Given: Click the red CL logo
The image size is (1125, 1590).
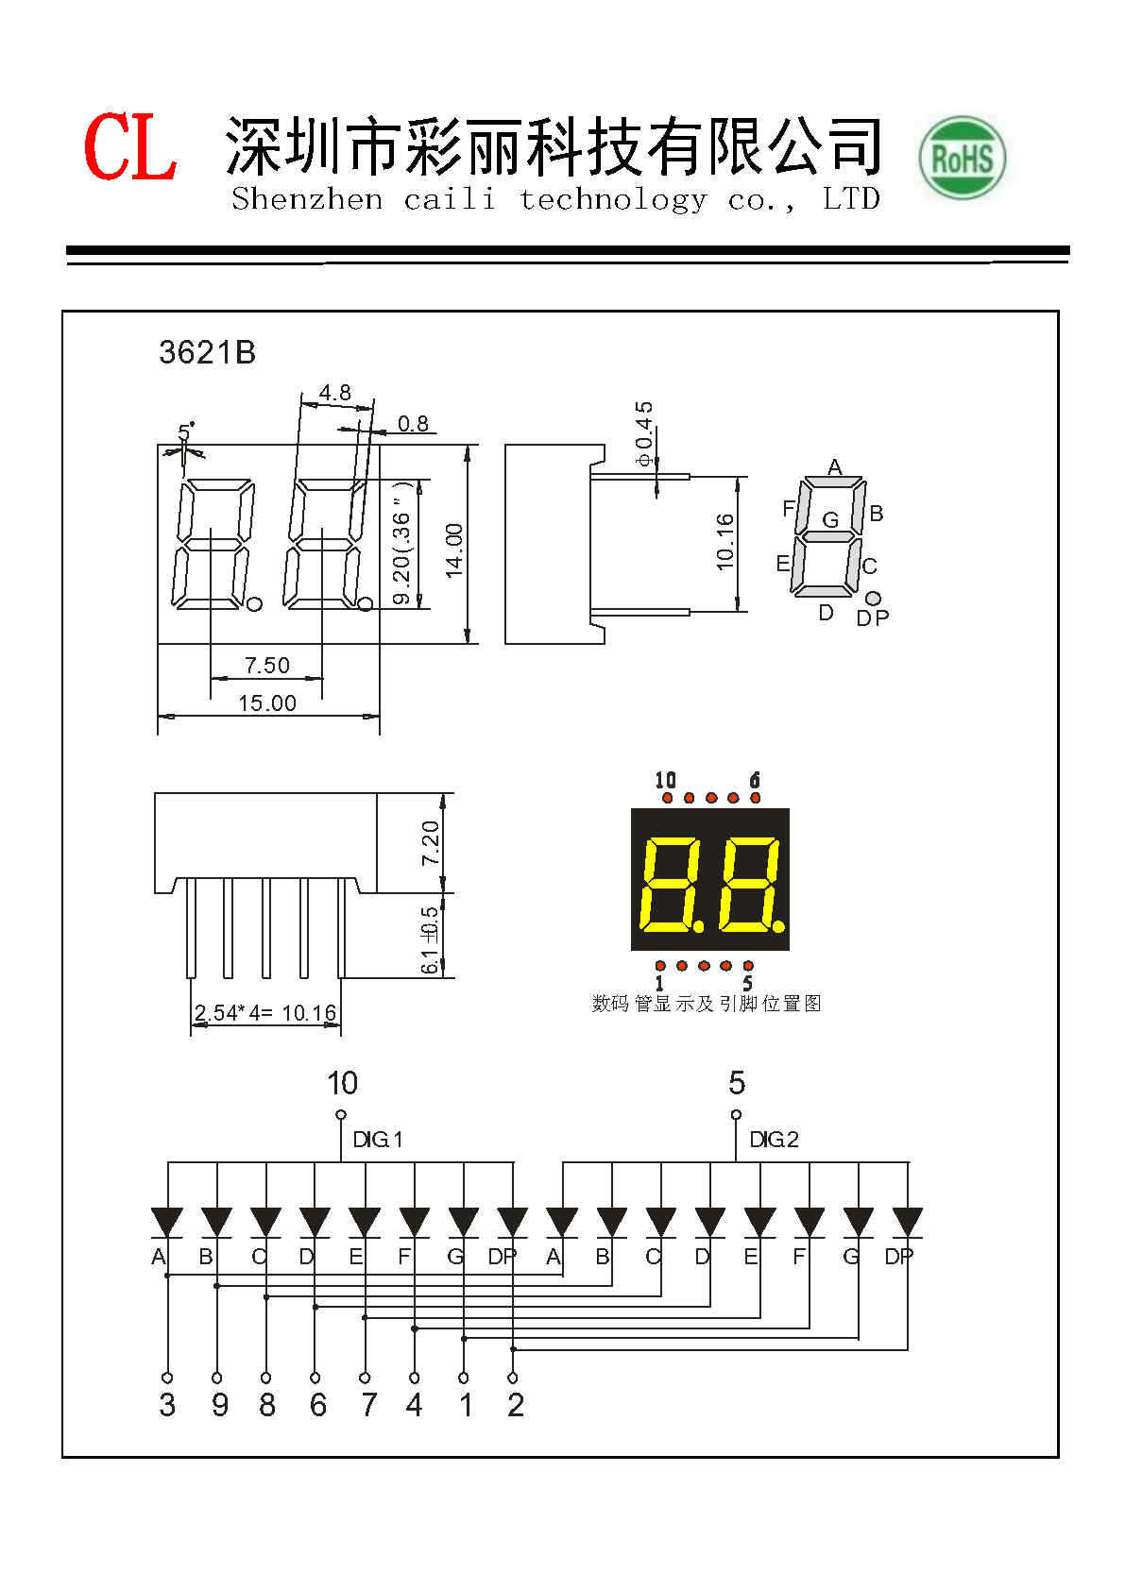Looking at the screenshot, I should tap(130, 147).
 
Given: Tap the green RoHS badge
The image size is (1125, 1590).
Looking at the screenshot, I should tap(962, 158).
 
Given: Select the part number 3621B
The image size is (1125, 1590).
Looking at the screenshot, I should tap(207, 352).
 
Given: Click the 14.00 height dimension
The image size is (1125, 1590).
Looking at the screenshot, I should tap(455, 550).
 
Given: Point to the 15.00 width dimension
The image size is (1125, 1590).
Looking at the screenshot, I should tap(267, 703).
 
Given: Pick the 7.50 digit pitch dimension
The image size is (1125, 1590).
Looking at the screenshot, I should tap(267, 666).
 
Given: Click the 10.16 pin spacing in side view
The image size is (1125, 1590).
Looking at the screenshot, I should tap(724, 541).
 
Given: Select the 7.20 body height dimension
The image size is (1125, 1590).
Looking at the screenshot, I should tap(430, 843).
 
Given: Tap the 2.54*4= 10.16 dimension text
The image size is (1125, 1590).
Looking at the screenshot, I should tap(265, 1014).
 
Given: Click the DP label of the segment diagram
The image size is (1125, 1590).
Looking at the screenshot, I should tap(873, 618).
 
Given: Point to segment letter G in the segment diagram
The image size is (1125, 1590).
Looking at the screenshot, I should tap(830, 520).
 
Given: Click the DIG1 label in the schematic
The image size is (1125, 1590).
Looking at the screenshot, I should tap(378, 1140).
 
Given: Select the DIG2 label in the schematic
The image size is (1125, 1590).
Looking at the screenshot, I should tap(774, 1140).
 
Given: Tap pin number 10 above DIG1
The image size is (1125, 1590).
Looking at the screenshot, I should tap(342, 1083).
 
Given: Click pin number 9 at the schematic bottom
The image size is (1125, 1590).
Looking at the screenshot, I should tap(219, 1405).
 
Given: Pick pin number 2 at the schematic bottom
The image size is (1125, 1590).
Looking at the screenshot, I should tap(515, 1405).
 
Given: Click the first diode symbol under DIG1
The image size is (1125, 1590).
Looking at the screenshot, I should tap(168, 1222).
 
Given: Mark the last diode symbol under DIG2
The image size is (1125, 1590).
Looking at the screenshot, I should tap(908, 1222).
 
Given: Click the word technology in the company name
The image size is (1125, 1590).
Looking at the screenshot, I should tap(612, 199).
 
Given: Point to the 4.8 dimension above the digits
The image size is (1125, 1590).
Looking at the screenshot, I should tap(334, 393).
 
